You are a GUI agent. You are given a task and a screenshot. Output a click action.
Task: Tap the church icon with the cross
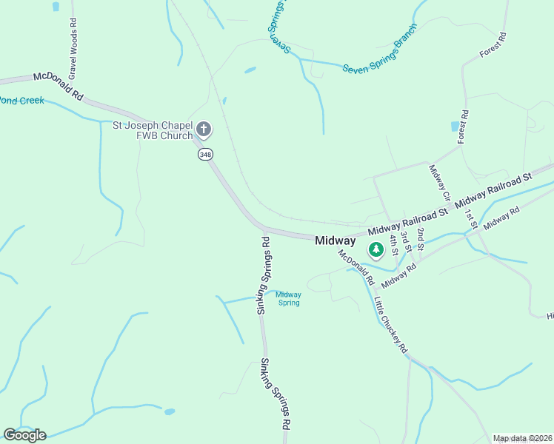204,131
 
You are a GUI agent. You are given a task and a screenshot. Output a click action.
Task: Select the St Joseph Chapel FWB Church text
152,130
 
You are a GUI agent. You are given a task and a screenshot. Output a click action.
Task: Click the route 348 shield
205,155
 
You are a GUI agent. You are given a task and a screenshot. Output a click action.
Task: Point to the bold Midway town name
335,240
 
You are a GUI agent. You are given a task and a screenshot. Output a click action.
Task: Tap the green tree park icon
376,249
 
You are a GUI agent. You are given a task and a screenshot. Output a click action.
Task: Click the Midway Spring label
288,298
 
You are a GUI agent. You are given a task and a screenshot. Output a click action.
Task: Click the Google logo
24,435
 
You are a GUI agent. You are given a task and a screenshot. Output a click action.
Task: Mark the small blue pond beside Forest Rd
454,127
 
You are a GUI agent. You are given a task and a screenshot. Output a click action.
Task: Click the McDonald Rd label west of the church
58,87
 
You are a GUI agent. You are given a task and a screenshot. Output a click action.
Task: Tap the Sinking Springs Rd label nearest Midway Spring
262,275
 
